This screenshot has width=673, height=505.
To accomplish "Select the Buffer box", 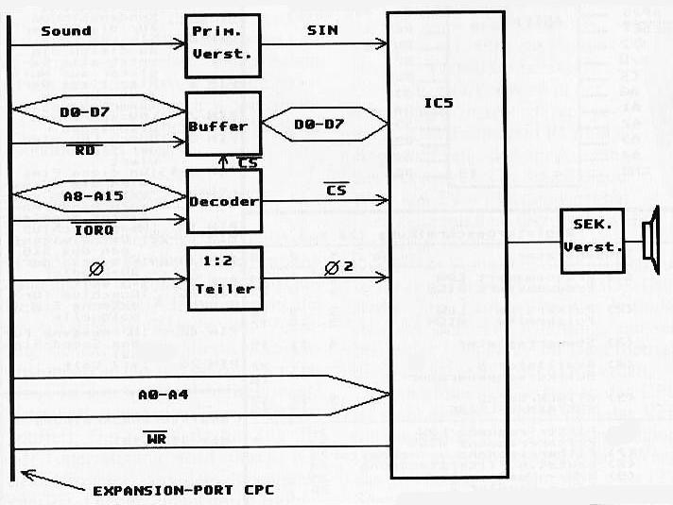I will click(x=223, y=126).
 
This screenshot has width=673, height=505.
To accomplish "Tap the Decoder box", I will click(x=223, y=200).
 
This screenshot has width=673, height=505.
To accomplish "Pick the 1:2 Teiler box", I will click(x=223, y=278).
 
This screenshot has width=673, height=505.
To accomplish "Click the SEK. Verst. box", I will click(x=592, y=241).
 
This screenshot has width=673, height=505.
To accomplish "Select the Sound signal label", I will click(x=65, y=30).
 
